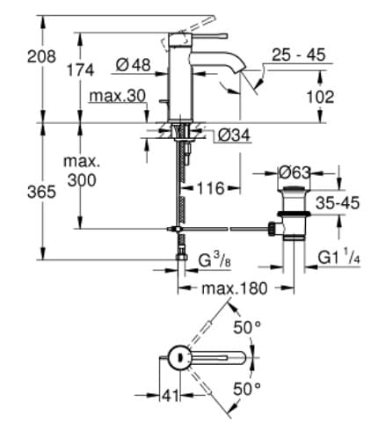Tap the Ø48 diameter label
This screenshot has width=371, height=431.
point(134,65)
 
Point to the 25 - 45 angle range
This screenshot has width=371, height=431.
point(298,55)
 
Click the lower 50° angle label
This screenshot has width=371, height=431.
point(249,388)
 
